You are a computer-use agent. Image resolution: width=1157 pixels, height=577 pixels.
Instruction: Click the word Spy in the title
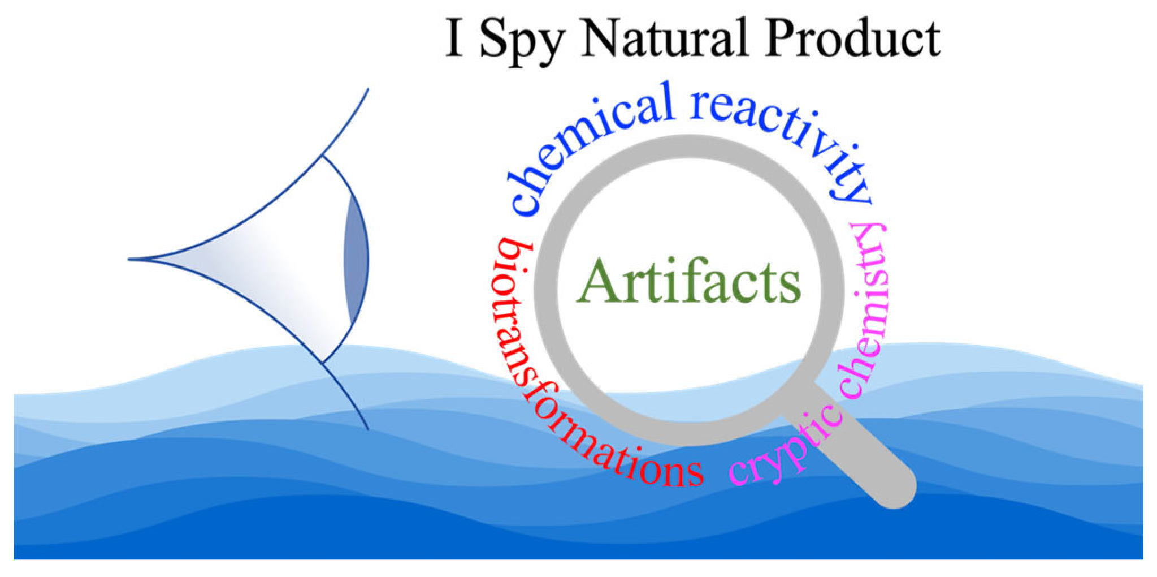[521, 40]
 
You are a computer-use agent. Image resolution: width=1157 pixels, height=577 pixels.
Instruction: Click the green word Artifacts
[688, 282]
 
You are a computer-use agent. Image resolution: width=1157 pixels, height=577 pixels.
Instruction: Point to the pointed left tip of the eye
[131, 259]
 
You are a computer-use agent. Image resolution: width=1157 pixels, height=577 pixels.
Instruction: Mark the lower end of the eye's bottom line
[367, 428]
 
